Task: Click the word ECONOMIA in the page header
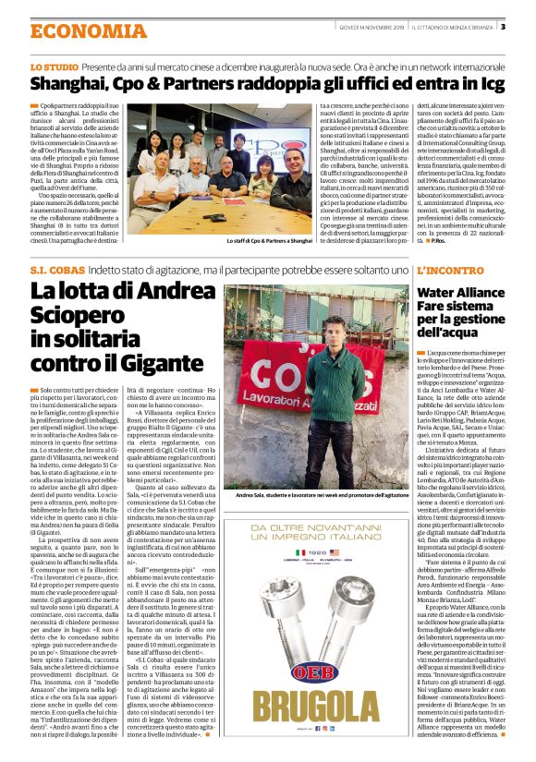click(x=68, y=31)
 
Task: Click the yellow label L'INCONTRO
click(x=448, y=270)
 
